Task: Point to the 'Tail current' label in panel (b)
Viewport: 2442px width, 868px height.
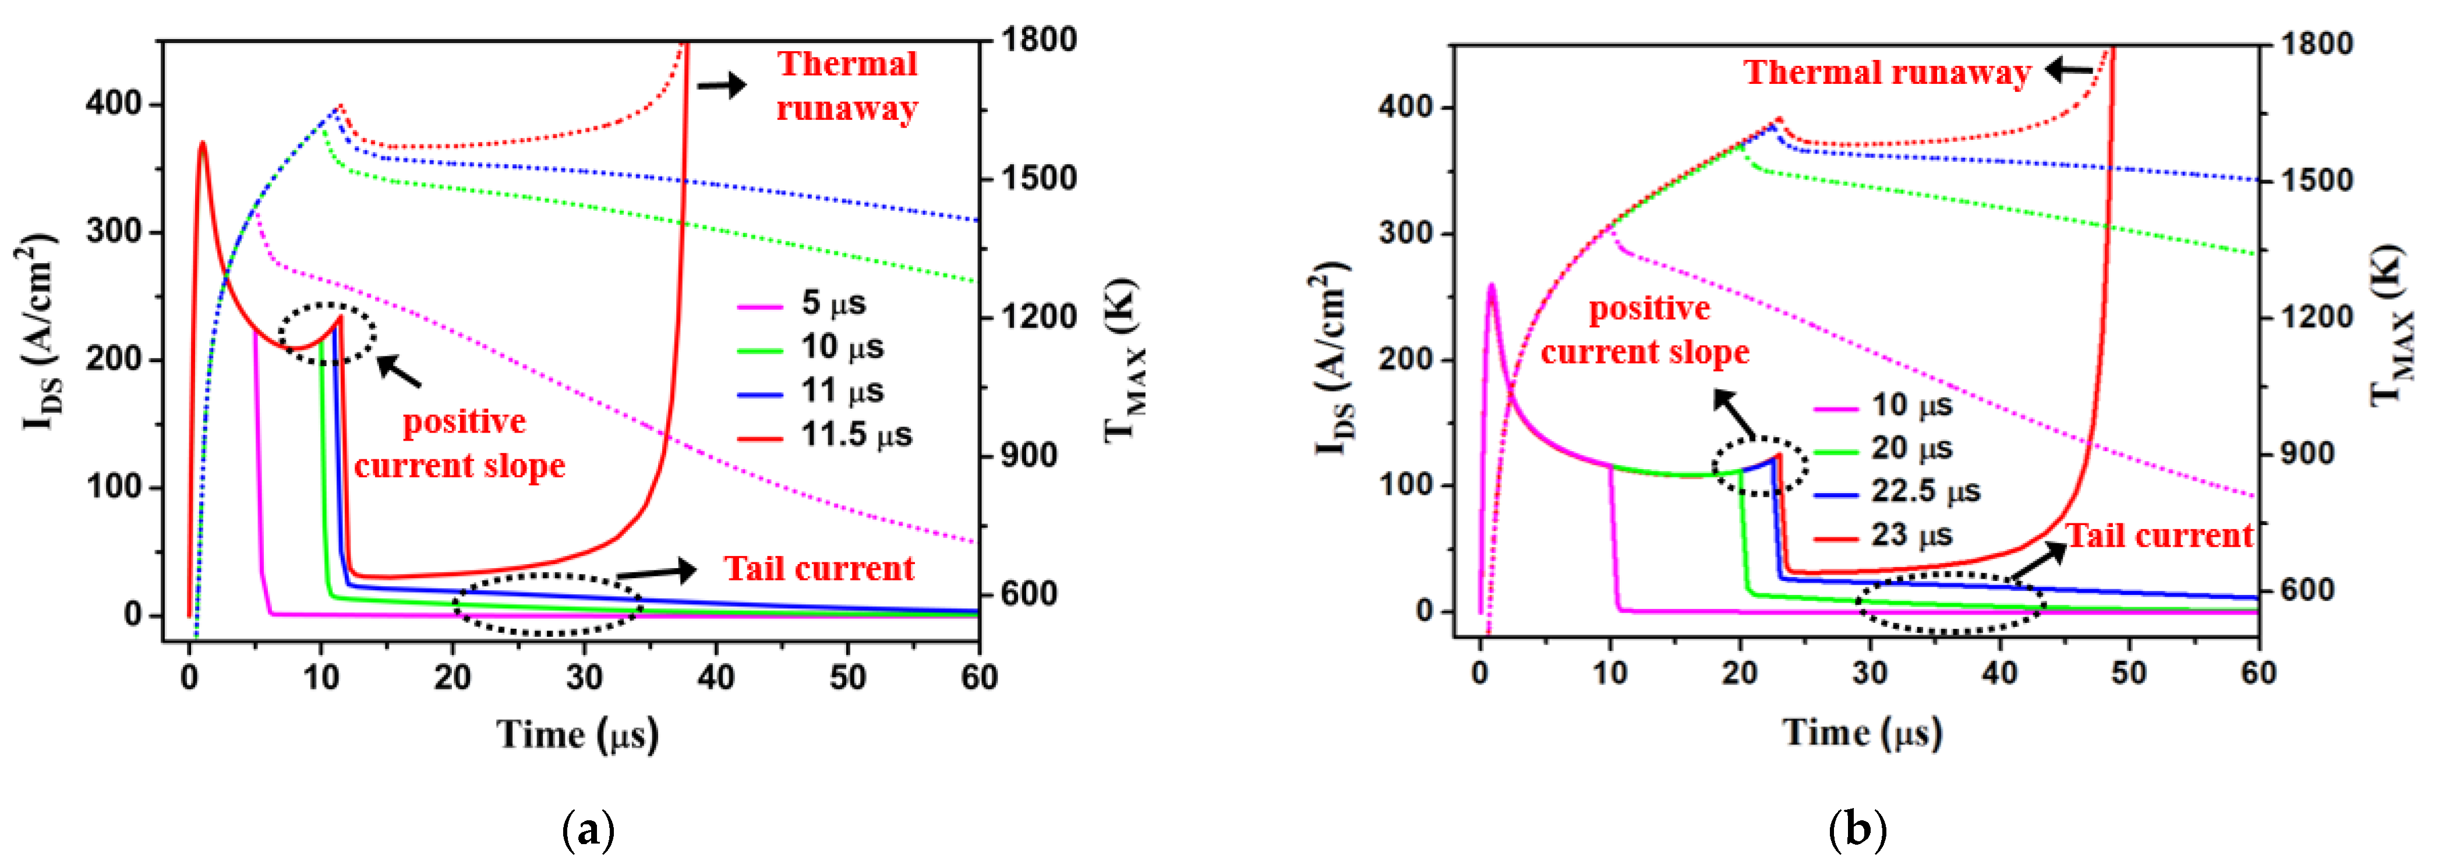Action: pos(2158,536)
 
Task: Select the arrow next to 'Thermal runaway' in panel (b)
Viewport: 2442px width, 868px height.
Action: pos(2069,70)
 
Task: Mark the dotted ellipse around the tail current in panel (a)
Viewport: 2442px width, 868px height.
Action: pos(548,604)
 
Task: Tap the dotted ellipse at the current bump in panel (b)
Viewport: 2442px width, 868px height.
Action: pos(1759,466)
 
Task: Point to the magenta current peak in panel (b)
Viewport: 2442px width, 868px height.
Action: pos(1491,286)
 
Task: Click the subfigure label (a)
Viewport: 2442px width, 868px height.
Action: pos(588,830)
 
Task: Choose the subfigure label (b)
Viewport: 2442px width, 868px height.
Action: pos(1856,830)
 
